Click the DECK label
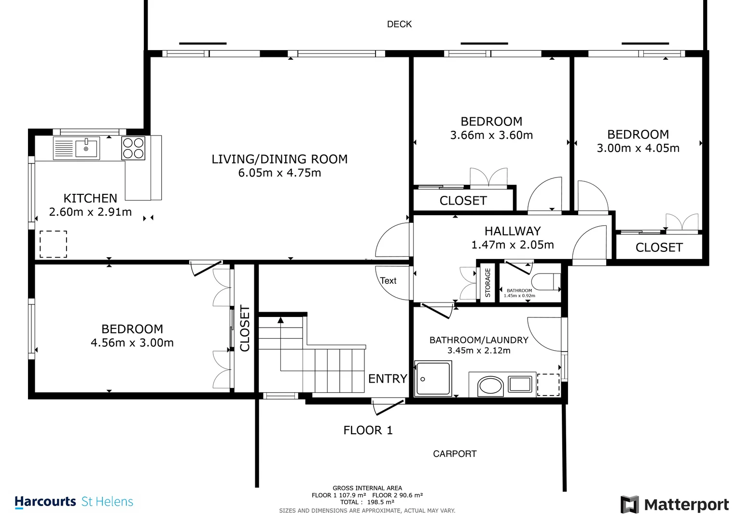point(399,24)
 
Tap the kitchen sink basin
point(86,149)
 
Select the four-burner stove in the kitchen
point(133,149)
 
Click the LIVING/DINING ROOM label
point(279,159)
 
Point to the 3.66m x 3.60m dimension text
point(491,135)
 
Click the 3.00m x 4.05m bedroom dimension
point(638,149)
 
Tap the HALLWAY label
point(513,231)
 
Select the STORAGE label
point(487,283)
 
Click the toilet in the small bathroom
point(546,282)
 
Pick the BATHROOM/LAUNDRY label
point(479,340)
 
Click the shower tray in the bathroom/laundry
point(433,378)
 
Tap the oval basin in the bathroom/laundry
point(490,386)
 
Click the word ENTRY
point(388,379)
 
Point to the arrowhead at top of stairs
point(280,320)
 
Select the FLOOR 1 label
point(368,430)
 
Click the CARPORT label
point(455,454)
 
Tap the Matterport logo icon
point(629,504)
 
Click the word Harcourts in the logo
point(45,502)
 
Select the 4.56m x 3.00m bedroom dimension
point(132,343)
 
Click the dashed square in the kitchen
point(53,244)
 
